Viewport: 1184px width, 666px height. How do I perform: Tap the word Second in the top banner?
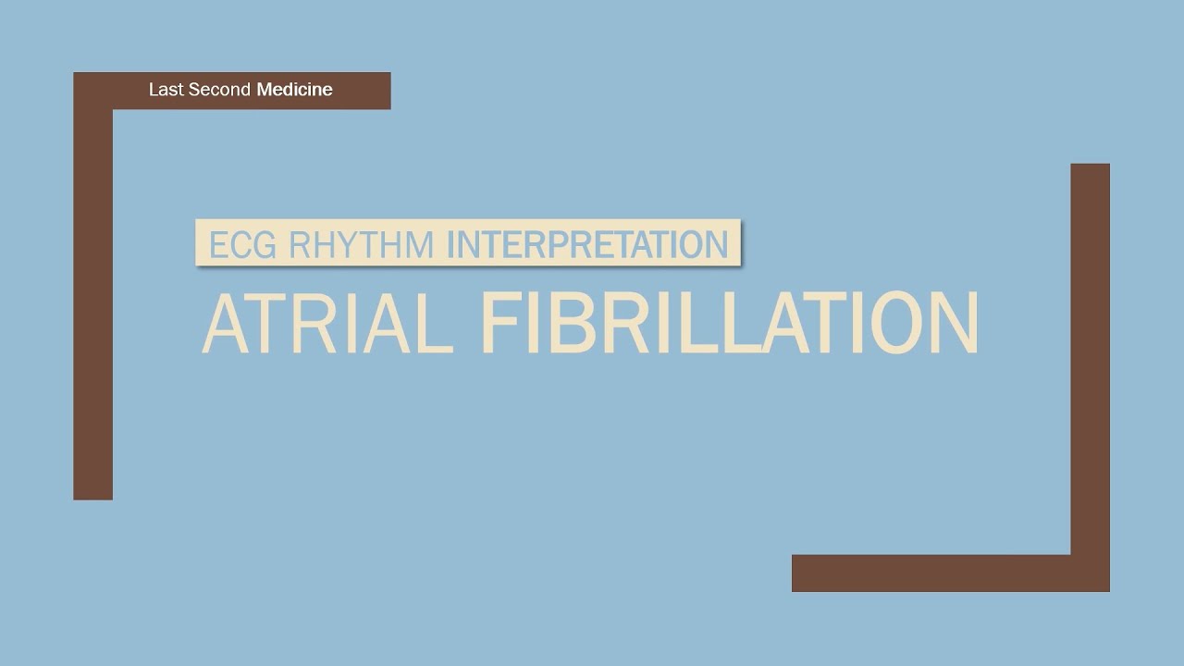pyautogui.click(x=217, y=90)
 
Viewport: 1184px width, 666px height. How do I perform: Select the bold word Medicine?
pyautogui.click(x=294, y=90)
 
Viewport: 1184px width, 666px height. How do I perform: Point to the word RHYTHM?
pyautogui.click(x=361, y=244)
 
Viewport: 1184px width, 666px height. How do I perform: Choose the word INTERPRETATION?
pyautogui.click(x=587, y=244)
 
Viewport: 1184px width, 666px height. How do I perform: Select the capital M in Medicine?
pyautogui.click(x=265, y=90)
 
